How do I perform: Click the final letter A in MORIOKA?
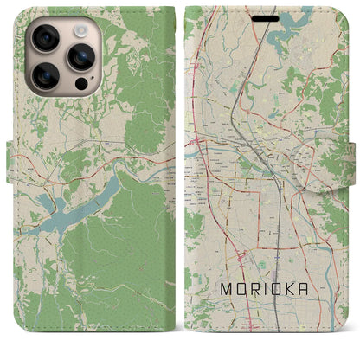pyautogui.click(x=322, y=316)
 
